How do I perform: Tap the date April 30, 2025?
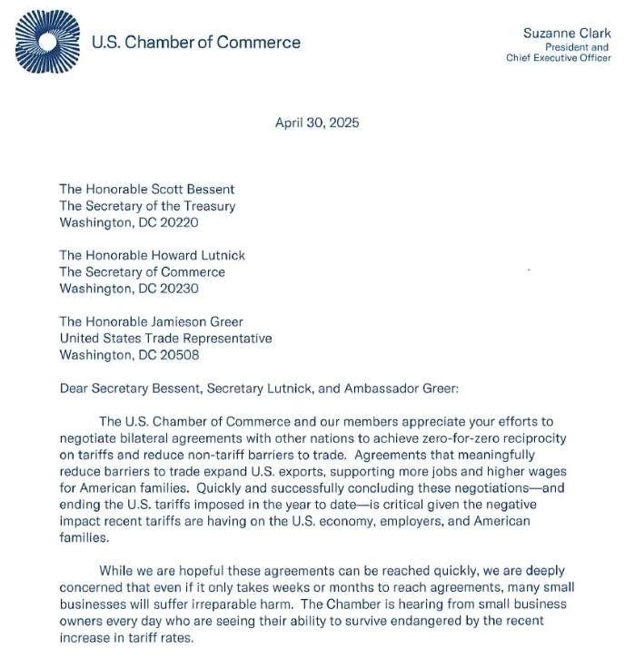tap(317, 123)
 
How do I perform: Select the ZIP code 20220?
tap(179, 222)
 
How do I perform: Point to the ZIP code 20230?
tap(179, 289)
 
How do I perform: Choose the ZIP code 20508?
tap(179, 356)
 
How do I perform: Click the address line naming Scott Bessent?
tap(147, 190)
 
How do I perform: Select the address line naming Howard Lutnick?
tap(152, 256)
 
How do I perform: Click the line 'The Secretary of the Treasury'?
tap(147, 206)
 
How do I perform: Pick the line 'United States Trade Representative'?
tap(165, 339)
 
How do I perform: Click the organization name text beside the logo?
tap(196, 42)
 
